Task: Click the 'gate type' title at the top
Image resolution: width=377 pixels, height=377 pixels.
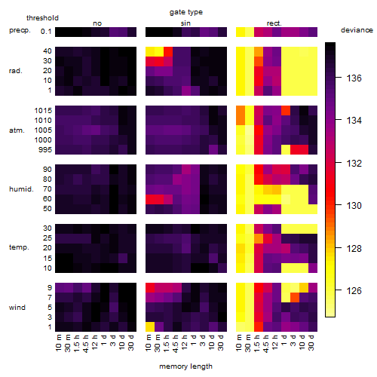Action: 186,12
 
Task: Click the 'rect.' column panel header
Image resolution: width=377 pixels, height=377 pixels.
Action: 274,23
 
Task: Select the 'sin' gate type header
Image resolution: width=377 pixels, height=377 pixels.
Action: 185,23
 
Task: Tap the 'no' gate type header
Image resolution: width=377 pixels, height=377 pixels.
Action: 97,23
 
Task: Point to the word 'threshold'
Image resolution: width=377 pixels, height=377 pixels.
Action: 42,18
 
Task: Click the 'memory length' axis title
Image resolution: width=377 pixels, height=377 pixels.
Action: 185,366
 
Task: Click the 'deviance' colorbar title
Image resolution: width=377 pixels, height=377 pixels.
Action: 357,30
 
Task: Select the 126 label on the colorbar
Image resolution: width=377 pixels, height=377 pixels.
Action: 354,291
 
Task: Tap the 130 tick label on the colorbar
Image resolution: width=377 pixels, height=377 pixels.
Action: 354,206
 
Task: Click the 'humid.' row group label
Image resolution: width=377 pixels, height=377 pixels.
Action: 21,189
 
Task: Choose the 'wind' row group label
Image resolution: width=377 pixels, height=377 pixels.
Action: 17,308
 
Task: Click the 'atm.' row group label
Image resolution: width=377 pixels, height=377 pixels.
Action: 17,130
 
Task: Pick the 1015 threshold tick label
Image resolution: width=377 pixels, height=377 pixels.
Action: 43,111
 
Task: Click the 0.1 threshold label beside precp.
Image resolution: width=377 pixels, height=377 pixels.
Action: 46,32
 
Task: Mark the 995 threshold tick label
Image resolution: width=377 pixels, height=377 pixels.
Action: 45,150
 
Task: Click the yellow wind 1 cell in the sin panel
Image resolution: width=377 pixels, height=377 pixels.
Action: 150,327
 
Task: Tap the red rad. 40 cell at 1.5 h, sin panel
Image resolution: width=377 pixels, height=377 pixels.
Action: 168,51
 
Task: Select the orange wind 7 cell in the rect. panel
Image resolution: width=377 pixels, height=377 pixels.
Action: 295,298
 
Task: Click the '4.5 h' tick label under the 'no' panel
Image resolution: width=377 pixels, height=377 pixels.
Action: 86,343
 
